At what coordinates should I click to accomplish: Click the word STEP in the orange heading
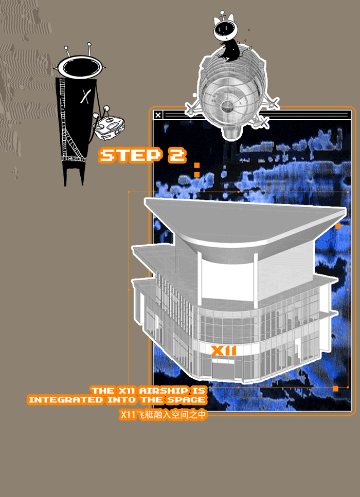pyautogui.click(x=130, y=156)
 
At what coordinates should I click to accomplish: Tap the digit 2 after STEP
pyautogui.click(x=176, y=156)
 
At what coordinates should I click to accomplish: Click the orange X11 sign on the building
pyautogui.click(x=224, y=351)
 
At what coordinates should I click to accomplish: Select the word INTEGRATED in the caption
pyautogui.click(x=66, y=400)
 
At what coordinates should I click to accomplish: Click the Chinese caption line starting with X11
pyautogui.click(x=163, y=415)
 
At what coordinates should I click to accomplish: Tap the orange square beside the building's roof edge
pyautogui.click(x=338, y=226)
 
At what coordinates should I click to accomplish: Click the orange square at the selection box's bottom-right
pyautogui.click(x=335, y=388)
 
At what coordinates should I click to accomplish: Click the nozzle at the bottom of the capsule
pyautogui.click(x=231, y=132)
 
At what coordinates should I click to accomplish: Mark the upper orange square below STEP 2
pyautogui.click(x=197, y=165)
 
